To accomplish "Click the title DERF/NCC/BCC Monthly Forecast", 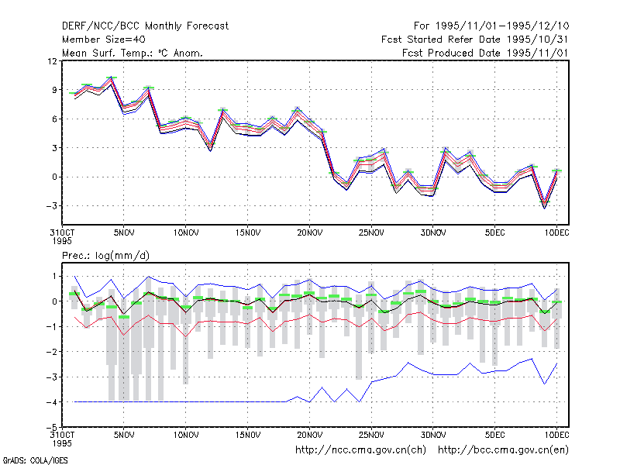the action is click(145, 26).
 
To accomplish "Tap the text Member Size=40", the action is click(104, 40).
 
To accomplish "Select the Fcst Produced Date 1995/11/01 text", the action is click(485, 53).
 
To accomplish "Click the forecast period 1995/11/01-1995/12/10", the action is click(502, 26).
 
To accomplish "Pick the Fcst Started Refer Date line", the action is click(475, 40).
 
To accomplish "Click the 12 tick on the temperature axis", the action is click(52, 61).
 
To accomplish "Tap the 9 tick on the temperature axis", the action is click(54, 90).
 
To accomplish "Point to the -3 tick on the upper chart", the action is click(51, 206).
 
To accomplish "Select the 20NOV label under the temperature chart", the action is click(309, 233).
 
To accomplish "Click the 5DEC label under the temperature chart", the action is click(494, 233).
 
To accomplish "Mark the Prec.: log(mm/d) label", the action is click(105, 256).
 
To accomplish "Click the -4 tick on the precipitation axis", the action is click(51, 402).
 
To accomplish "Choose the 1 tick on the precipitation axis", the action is click(54, 277).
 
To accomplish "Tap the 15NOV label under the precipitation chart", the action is click(248, 435).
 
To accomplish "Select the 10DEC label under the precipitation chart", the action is click(556, 435).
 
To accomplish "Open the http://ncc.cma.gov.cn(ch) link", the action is click(360, 450).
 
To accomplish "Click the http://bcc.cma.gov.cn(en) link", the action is click(503, 450).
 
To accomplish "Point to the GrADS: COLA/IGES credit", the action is click(35, 460).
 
